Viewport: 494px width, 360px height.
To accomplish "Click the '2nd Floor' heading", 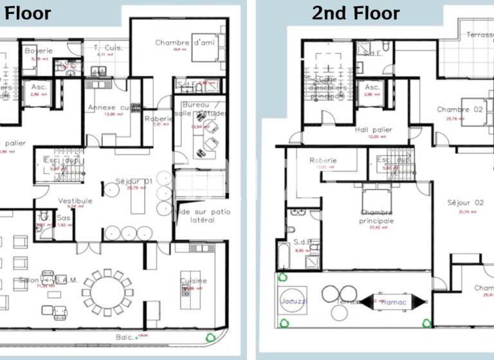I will [x=356, y=13].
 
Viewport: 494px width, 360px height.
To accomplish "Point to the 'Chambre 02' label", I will [x=459, y=110].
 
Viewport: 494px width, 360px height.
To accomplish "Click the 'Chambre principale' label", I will [x=377, y=217].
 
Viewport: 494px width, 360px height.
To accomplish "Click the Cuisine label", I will [x=194, y=281].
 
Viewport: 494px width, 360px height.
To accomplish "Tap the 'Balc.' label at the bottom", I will [x=124, y=336].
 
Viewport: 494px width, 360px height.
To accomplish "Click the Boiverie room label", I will [x=39, y=51].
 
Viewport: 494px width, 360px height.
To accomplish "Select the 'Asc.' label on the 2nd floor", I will [x=372, y=87].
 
